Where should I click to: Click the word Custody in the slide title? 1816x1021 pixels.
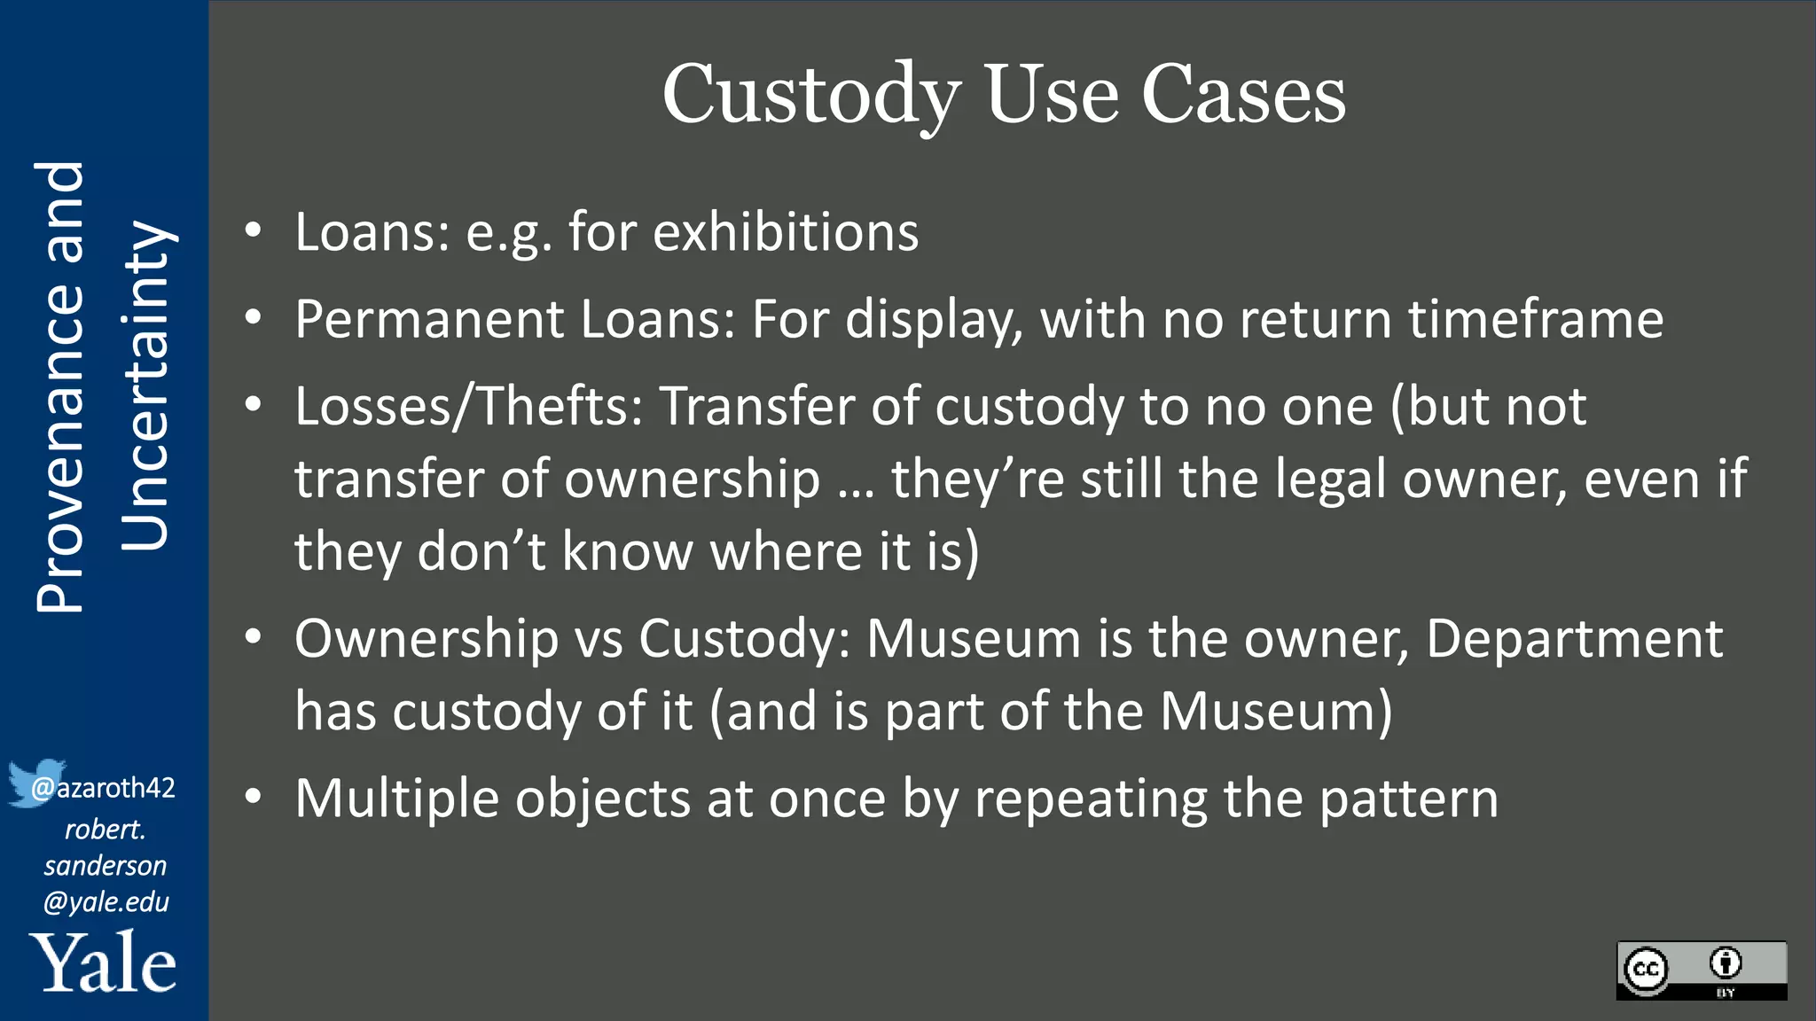[810, 95]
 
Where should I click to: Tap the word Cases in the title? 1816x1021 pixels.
[1243, 95]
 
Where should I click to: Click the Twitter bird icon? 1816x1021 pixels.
[35, 782]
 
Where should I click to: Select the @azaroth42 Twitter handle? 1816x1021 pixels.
[104, 787]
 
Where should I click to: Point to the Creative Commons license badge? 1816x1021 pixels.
[1701, 970]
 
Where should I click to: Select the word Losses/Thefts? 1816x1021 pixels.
[469, 407]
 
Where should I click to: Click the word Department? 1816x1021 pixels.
[1574, 638]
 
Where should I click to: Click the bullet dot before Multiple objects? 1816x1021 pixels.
[254, 797]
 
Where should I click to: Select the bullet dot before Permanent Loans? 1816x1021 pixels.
[254, 317]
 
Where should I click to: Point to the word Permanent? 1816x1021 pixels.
[429, 319]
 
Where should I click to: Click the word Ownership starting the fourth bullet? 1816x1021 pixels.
[427, 638]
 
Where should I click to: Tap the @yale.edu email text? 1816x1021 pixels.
[106, 901]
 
